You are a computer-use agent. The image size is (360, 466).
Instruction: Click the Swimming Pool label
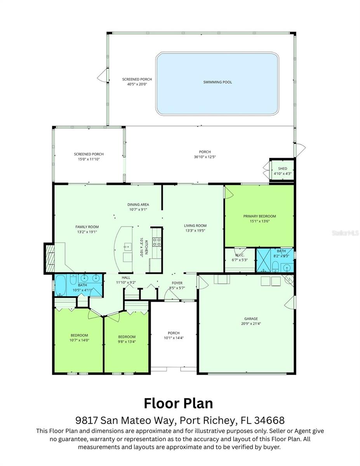click(x=217, y=82)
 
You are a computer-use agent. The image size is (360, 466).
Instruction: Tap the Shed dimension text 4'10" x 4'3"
click(x=282, y=174)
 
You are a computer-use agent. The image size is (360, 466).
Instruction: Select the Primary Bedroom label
click(x=259, y=216)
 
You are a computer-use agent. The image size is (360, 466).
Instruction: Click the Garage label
click(x=251, y=318)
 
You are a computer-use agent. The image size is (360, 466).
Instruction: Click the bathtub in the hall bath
click(x=61, y=285)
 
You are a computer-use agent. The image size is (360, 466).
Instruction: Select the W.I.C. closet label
click(x=239, y=255)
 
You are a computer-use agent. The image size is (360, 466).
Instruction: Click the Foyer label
click(x=177, y=283)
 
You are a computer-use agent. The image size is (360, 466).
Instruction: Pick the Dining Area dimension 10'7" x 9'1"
click(x=138, y=210)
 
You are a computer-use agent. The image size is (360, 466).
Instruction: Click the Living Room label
click(x=195, y=226)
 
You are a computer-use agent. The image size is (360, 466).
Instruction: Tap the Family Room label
click(x=87, y=227)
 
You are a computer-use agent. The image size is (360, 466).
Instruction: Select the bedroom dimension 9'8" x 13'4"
click(x=127, y=342)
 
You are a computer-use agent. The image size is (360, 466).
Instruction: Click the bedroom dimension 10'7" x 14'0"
click(x=79, y=340)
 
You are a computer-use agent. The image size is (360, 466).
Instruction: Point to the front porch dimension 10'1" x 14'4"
click(x=174, y=338)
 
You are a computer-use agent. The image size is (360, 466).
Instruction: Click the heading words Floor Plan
click(x=178, y=403)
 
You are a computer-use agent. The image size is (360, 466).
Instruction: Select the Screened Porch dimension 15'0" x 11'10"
click(x=89, y=159)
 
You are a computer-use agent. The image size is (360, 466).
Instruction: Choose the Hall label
click(x=126, y=278)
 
